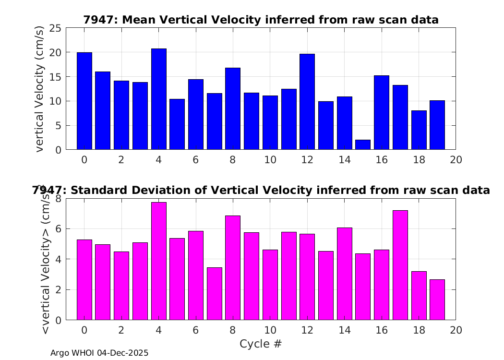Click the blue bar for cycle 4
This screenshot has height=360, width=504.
(159, 99)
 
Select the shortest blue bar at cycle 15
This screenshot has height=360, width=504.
(363, 144)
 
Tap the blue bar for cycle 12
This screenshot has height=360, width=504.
(307, 102)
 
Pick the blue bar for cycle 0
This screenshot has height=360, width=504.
(84, 101)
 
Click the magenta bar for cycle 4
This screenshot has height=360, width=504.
(159, 261)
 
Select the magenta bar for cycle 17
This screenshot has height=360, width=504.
(400, 265)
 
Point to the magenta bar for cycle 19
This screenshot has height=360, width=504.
(437, 300)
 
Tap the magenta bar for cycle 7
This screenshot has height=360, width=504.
(215, 294)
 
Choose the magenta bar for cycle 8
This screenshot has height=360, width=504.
(233, 268)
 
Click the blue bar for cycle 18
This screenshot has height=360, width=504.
(419, 130)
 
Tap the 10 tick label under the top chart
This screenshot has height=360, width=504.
(270, 160)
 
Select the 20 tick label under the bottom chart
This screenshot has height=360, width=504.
(456, 330)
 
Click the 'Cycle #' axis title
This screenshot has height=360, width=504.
(261, 344)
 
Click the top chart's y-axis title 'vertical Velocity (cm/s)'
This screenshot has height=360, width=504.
(39, 89)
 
